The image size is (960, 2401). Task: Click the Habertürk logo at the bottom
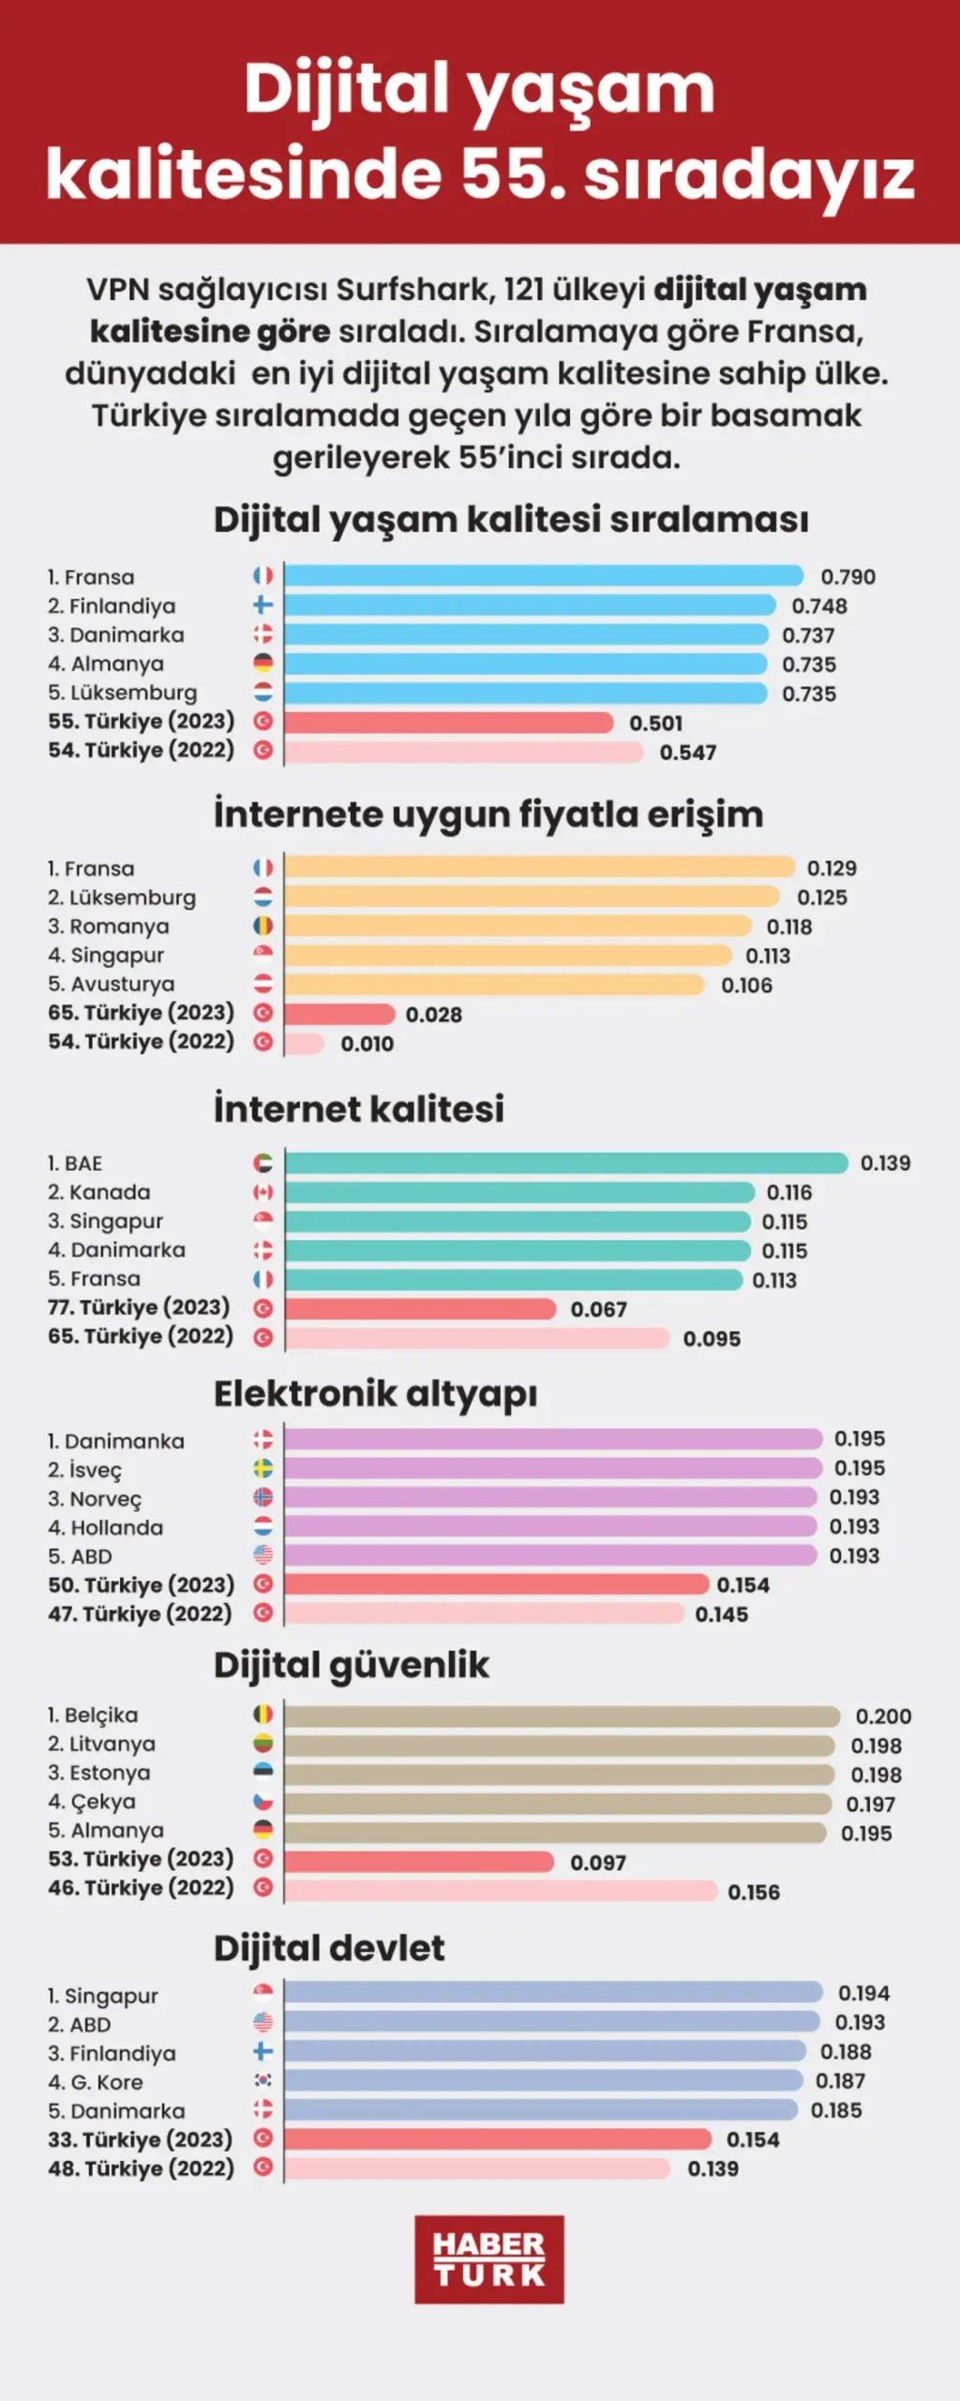[489, 2259]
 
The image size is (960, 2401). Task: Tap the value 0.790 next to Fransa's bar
[848, 577]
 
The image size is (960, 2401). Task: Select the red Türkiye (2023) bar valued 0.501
[448, 722]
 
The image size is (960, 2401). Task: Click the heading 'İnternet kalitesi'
[359, 1109]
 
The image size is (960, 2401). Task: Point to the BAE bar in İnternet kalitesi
[566, 1163]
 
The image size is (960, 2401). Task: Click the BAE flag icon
[263, 1163]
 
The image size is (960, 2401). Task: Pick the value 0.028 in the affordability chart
[434, 1014]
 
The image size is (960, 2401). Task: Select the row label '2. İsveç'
[84, 1470]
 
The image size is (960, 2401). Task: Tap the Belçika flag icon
[263, 1714]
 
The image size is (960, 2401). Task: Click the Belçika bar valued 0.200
[562, 1716]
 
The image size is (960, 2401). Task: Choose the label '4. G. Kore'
[96, 2082]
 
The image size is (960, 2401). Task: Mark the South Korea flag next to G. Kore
[263, 2080]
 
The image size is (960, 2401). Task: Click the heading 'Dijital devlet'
[329, 1948]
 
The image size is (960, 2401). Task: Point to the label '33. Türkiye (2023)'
[141, 2139]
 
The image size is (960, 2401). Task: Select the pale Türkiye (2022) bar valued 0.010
[305, 1043]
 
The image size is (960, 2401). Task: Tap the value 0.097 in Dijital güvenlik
[598, 1863]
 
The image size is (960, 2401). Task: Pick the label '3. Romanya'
[109, 927]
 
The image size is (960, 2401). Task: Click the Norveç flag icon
[263, 1497]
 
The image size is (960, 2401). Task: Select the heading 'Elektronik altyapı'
[376, 1395]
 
